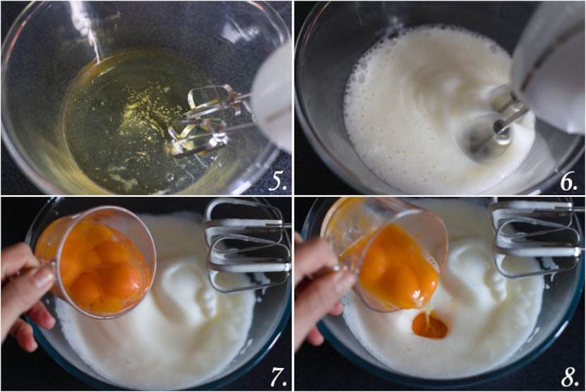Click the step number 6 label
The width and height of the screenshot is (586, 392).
[568, 182]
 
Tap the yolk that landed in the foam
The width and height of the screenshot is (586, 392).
[429, 326]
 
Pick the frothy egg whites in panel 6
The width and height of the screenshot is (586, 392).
[409, 106]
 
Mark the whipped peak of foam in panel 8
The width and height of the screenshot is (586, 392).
[480, 275]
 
